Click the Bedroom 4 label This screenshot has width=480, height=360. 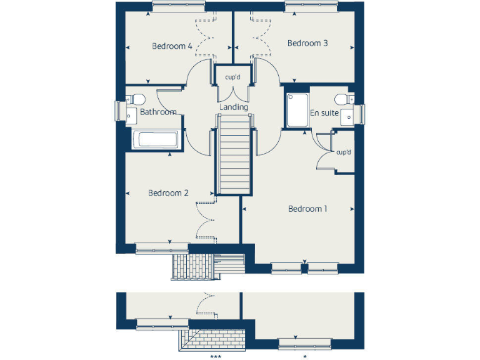[x=172, y=46]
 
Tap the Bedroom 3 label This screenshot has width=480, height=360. [x=307, y=43]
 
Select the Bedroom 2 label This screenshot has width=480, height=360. [x=168, y=193]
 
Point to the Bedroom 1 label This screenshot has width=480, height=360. [x=307, y=209]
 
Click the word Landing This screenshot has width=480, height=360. [x=234, y=107]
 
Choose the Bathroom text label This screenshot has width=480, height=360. [x=158, y=112]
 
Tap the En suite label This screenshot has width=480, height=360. [x=324, y=113]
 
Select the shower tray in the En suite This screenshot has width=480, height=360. [x=297, y=111]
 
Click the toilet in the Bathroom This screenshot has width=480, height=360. [x=136, y=98]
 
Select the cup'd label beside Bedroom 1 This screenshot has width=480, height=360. [x=344, y=152]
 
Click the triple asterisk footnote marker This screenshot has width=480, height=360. [x=216, y=357]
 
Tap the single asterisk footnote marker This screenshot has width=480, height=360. [x=305, y=357]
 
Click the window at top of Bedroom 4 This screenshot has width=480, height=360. [x=178, y=6]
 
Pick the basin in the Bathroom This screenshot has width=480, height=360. [x=131, y=114]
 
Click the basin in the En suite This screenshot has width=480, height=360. [x=351, y=113]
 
